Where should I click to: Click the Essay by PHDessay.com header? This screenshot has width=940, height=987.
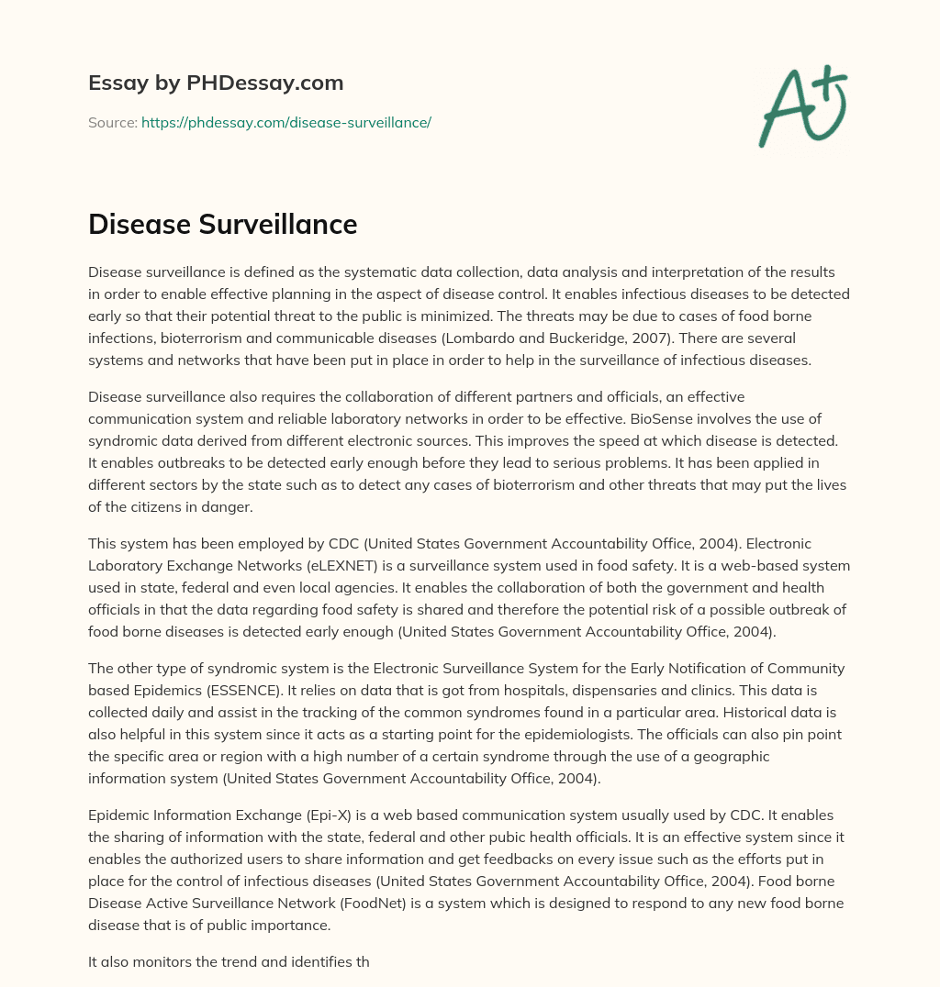tap(216, 83)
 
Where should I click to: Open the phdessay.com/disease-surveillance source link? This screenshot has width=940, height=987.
tap(286, 122)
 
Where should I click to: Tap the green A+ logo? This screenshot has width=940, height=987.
tap(801, 105)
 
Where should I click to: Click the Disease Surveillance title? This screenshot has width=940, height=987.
tap(222, 225)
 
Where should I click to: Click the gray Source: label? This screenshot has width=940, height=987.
tap(112, 122)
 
